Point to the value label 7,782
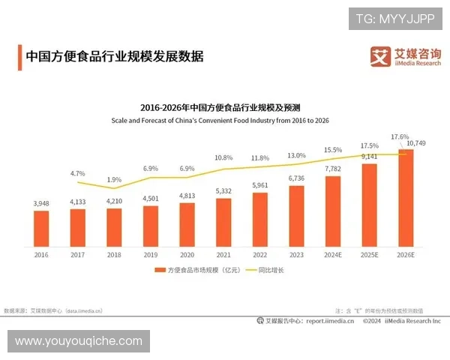pyautogui.click(x=332, y=169)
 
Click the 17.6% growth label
pyautogui.click(x=400, y=137)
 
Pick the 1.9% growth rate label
pyautogui.click(x=114, y=179)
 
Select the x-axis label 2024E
pyautogui.click(x=332, y=254)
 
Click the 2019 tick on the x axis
pyautogui.click(x=151, y=254)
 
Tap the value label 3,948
pyautogui.click(x=41, y=203)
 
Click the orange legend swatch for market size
pyautogui.click(x=160, y=269)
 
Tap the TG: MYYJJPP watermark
pyautogui.click(x=394, y=18)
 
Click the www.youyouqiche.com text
pyautogui.click(x=78, y=341)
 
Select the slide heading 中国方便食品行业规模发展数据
pyautogui.click(x=114, y=56)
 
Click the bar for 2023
pyautogui.click(x=296, y=215)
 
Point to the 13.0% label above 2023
pyautogui.click(x=296, y=155)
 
